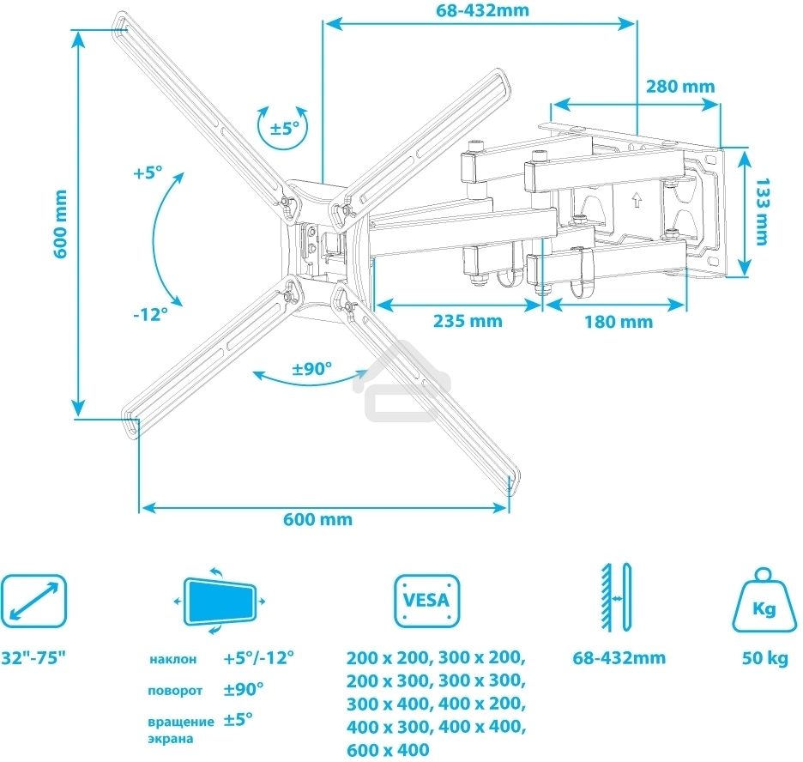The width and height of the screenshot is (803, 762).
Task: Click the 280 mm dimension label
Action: [680, 87]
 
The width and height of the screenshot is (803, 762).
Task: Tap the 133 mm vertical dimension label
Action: [763, 212]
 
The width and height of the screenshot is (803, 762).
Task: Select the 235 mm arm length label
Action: [468, 321]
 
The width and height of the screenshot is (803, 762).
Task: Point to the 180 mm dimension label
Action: [618, 322]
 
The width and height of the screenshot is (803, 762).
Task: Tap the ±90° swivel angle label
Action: [311, 370]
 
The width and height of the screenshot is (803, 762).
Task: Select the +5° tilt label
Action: [148, 172]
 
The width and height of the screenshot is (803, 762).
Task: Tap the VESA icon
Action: [426, 599]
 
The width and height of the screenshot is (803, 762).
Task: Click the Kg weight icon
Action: [764, 600]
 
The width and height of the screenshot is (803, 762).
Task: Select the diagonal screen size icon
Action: [33, 600]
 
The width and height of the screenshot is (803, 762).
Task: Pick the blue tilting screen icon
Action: [221, 601]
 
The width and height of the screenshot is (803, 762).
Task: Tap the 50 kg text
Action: [765, 659]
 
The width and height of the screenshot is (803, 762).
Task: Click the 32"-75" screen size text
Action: [33, 659]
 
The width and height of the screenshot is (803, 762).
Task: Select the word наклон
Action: [172, 660]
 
